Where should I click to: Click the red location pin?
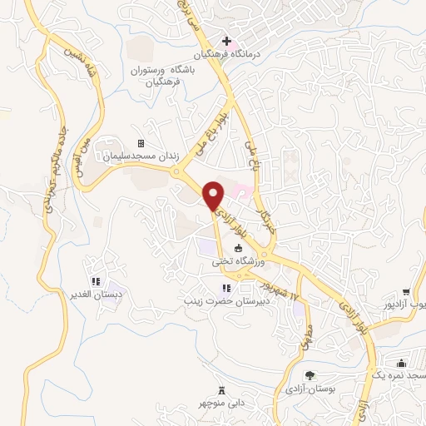tap(215, 195)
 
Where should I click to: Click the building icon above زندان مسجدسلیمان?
tap(141, 143)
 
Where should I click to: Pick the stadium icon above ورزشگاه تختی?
tap(239, 249)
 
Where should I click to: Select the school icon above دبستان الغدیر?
tap(96, 281)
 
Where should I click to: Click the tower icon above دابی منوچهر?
tap(221, 390)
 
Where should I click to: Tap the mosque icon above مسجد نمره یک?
tap(402, 363)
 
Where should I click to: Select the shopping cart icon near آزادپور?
tap(405, 292)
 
